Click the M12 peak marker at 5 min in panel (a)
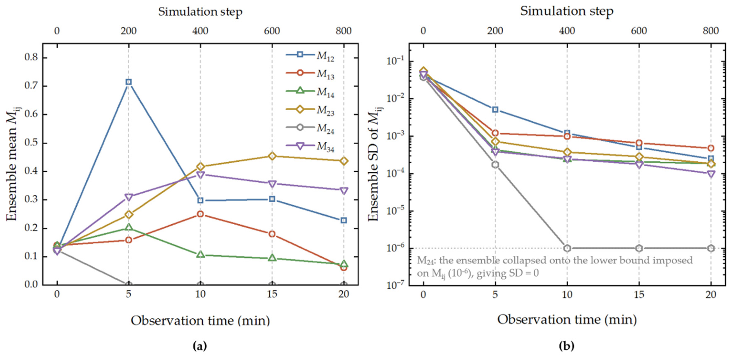[128, 82]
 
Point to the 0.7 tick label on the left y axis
[31, 86]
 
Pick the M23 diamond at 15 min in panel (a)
[272, 156]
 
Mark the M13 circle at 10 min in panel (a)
[200, 214]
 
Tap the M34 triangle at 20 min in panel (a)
[344, 191]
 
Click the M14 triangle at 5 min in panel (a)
[128, 227]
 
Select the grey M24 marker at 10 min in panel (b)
[567, 248]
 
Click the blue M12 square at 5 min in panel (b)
[495, 110]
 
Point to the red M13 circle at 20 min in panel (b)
[711, 148]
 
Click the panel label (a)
[199, 346]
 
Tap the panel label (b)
[566, 346]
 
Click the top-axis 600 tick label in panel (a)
[272, 31]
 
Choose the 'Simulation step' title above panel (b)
[567, 11]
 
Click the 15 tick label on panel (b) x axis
[639, 295]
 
